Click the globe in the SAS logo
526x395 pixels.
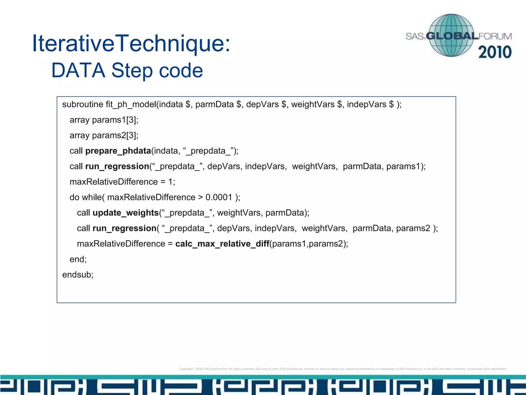pos(451,35)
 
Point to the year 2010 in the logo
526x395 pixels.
pos(495,52)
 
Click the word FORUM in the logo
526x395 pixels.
pos(495,37)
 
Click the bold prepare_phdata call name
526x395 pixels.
pos(118,151)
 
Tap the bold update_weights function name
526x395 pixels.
pos(126,213)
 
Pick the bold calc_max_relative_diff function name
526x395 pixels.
pos(222,244)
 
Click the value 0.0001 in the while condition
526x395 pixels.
pos(219,197)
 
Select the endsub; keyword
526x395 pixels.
pos(78,275)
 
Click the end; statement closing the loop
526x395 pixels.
pos(78,259)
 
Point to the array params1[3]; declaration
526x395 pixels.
pos(104,120)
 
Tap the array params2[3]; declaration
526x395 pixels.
pos(104,135)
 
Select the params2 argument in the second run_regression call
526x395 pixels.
pos(413,228)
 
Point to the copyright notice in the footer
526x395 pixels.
pos(343,369)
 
